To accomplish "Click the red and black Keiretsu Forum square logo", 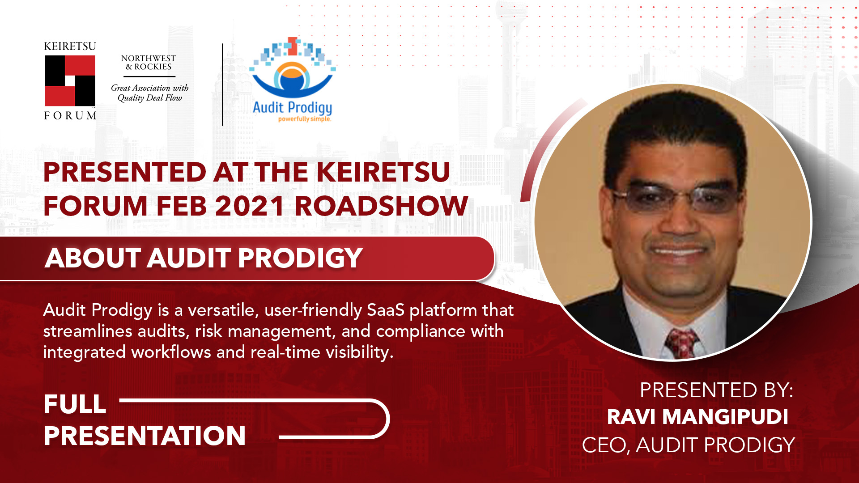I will (x=70, y=80).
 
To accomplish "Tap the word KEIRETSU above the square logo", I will (x=70, y=47).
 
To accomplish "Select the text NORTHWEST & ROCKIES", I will (x=149, y=63).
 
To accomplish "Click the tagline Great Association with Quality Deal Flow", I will (x=150, y=93).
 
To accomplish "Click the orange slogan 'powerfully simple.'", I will (x=305, y=119).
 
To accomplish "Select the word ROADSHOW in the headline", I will (x=381, y=206).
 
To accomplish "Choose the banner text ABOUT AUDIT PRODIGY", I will (x=204, y=258).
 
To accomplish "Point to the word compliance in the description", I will (x=421, y=331).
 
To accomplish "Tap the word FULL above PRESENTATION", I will (x=75, y=404).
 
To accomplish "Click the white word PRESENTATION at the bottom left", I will (x=145, y=436).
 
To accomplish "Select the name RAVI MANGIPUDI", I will (x=697, y=417).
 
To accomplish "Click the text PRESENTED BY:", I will (x=716, y=390).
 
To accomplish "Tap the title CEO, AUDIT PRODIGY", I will (x=688, y=445).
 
